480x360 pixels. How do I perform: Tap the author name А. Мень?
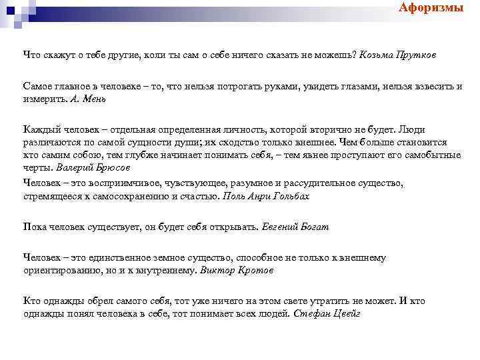(x=88, y=98)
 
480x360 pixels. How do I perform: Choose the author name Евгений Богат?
(x=295, y=227)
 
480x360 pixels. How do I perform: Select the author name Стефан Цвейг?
(x=327, y=313)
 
